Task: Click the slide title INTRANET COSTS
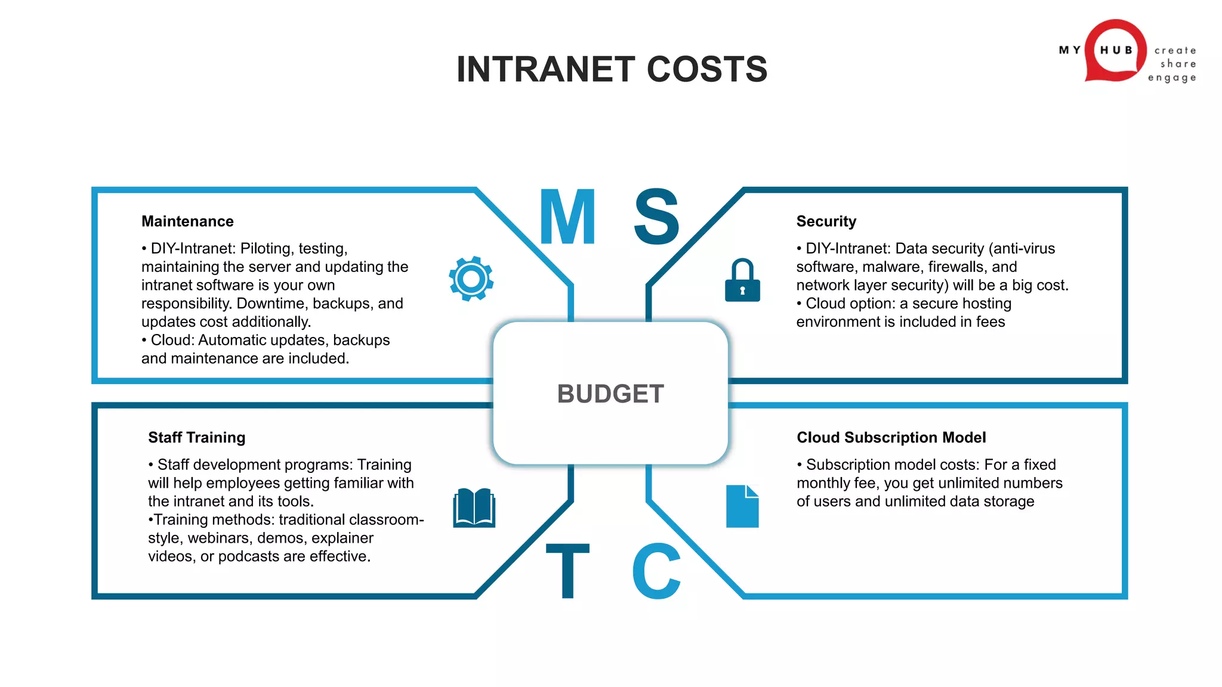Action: click(x=612, y=69)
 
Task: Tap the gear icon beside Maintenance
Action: click(x=471, y=278)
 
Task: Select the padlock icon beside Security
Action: click(x=742, y=281)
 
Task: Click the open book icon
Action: click(x=474, y=508)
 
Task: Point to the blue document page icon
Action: click(x=742, y=506)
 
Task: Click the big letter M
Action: click(x=567, y=217)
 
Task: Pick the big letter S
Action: click(x=656, y=217)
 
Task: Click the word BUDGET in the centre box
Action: click(x=610, y=394)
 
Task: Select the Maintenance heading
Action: click(x=187, y=221)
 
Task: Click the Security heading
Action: click(x=826, y=221)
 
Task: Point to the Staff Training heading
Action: click(x=196, y=437)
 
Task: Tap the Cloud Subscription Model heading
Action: click(x=891, y=437)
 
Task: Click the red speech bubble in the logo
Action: click(x=1115, y=51)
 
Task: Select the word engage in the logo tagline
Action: click(x=1172, y=78)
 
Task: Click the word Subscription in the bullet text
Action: click(x=850, y=465)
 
